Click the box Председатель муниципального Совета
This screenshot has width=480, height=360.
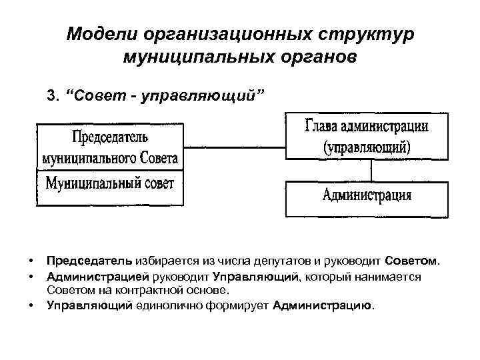pyautogui.click(x=110, y=147)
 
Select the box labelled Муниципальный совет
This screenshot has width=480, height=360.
pyautogui.click(x=110, y=183)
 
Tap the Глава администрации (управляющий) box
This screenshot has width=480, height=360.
pyautogui.click(x=366, y=136)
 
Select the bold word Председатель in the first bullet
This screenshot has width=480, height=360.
pyautogui.click(x=89, y=259)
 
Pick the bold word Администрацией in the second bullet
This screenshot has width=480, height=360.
pyautogui.click(x=97, y=275)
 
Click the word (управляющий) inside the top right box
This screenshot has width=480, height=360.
pyautogui.click(x=366, y=147)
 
